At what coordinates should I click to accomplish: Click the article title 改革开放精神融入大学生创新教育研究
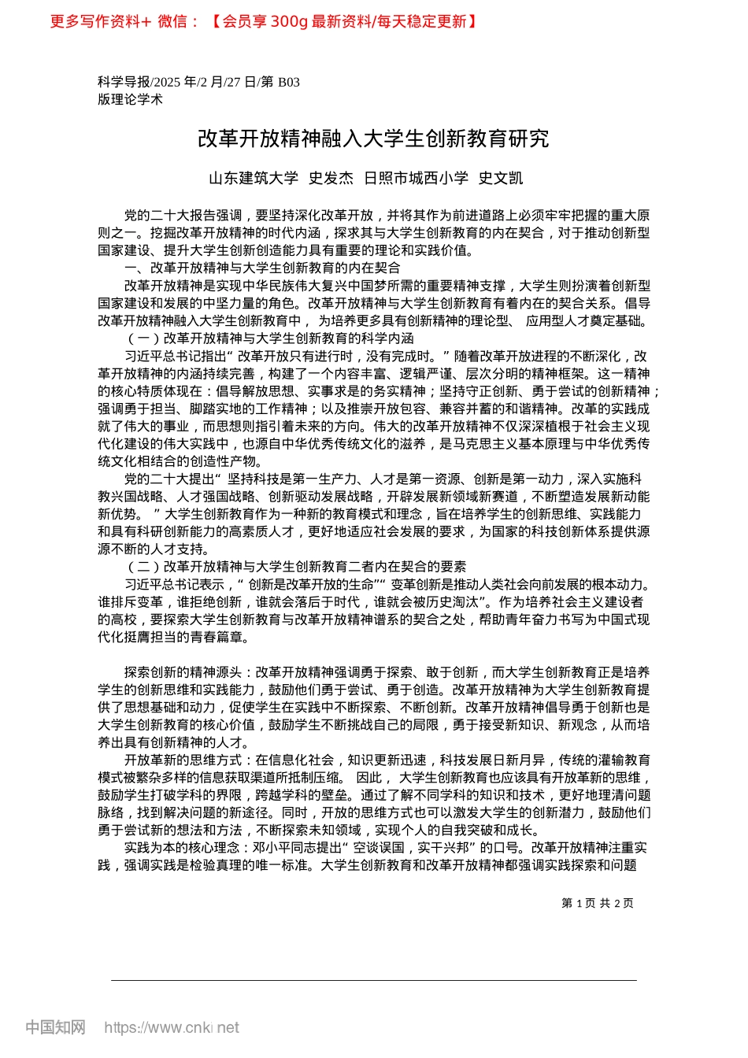(x=373, y=139)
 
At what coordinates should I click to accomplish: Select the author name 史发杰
(x=331, y=178)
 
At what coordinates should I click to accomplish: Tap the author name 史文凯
(x=501, y=178)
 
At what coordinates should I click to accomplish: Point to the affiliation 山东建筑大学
(x=254, y=178)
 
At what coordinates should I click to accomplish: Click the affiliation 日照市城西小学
(x=416, y=178)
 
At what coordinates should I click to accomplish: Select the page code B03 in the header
(x=289, y=82)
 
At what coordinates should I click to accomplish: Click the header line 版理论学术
(x=130, y=99)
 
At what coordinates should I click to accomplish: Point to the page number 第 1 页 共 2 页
(x=597, y=903)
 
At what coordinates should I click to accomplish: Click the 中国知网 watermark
(x=55, y=1027)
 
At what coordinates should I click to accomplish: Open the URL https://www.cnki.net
(x=172, y=1027)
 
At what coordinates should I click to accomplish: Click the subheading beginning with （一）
(x=269, y=338)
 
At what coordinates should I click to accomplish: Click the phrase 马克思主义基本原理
(x=513, y=444)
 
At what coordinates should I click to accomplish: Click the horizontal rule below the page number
(x=373, y=980)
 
